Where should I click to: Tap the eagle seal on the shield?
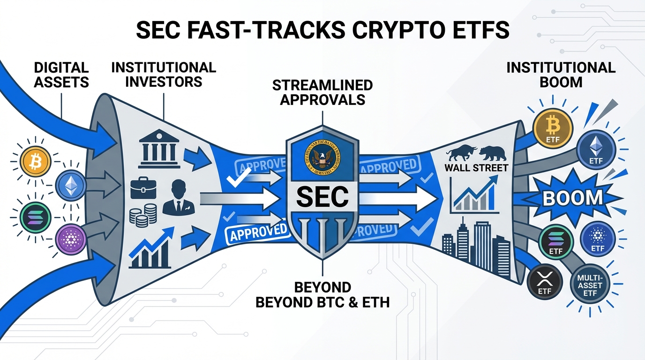pyautogui.click(x=322, y=159)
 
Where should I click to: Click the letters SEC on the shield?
pyautogui.click(x=322, y=196)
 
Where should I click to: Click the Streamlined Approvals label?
pyautogui.click(x=322, y=92)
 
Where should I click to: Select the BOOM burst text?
pyautogui.click(x=573, y=198)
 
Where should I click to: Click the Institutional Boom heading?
pyautogui.click(x=561, y=74)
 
